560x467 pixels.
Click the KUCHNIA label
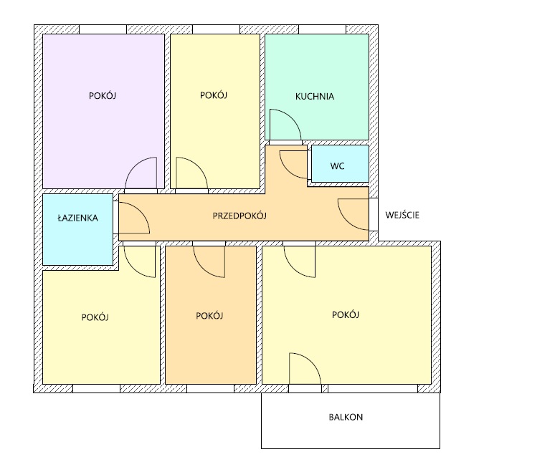[x=315, y=96]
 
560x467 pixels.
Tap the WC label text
[x=337, y=166]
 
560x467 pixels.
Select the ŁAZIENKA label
[x=77, y=218]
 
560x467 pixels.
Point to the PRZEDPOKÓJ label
[x=239, y=216]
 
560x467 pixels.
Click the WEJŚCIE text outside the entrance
[x=402, y=215]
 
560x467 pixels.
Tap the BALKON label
[x=346, y=417]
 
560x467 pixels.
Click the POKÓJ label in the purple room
[x=103, y=95]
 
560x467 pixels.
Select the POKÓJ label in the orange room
[x=209, y=316]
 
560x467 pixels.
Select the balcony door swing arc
[x=311, y=362]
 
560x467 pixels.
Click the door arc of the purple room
[x=134, y=166]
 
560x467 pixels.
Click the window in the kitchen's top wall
[x=322, y=29]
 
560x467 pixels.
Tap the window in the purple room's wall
[x=103, y=29]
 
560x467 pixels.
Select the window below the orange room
[x=210, y=388]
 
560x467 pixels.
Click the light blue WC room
[x=341, y=163]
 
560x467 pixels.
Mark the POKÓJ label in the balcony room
[x=346, y=314]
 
